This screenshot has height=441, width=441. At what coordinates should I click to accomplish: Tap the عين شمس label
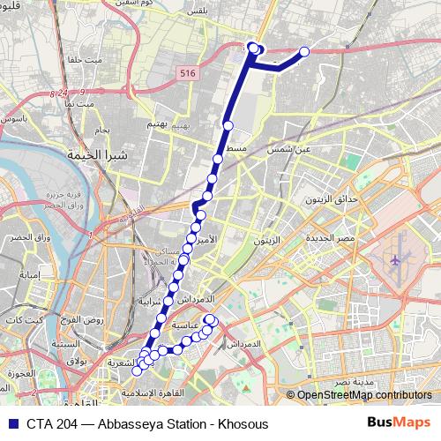pos(297,150)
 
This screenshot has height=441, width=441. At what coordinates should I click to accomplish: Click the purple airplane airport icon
pos(395,262)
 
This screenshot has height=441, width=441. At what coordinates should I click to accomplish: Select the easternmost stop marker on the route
pos(305,52)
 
